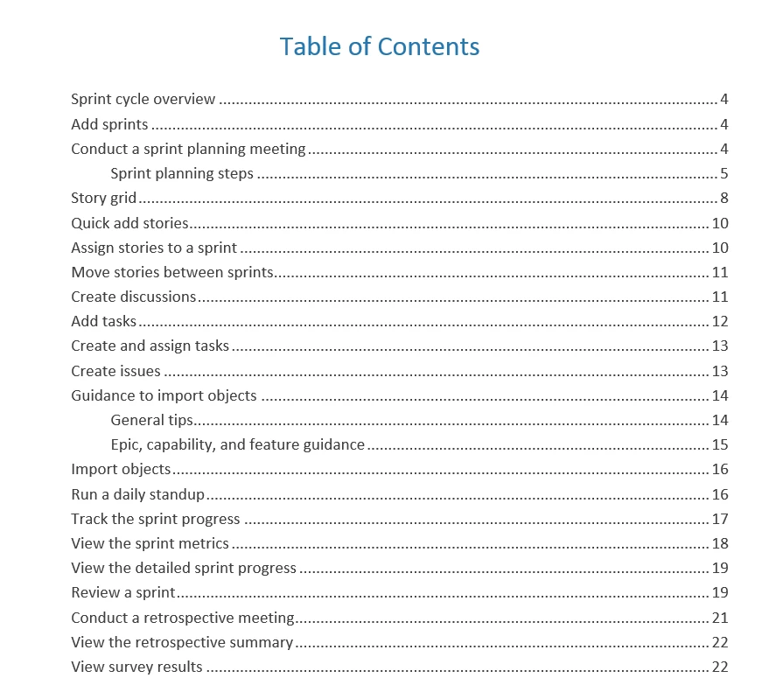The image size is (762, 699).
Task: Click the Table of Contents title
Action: (380, 46)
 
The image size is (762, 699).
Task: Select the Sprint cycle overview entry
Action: (143, 100)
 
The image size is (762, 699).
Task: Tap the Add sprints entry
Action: (109, 124)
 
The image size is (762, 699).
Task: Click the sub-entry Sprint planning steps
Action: (182, 173)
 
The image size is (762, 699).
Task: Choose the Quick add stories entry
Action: (129, 223)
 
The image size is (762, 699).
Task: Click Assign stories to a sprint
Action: (154, 248)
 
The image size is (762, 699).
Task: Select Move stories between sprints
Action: (172, 272)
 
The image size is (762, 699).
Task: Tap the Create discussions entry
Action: (134, 297)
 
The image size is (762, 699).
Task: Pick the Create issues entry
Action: (115, 371)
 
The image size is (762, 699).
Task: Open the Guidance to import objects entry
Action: (164, 395)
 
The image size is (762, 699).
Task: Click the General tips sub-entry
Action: (151, 420)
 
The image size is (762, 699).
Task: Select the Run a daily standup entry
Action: (137, 494)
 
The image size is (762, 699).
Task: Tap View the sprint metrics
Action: (150, 543)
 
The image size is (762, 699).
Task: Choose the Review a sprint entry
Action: (123, 592)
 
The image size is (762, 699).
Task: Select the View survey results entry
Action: (136, 667)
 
